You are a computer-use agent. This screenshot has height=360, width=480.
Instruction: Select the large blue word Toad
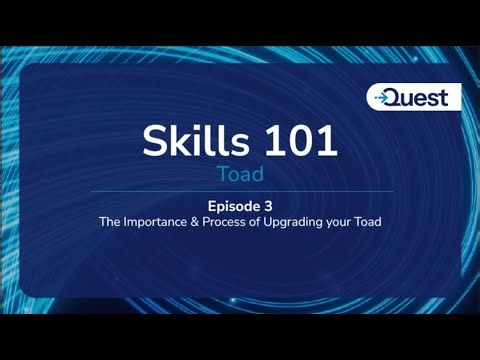240,175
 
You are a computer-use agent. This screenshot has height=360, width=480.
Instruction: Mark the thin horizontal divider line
240,191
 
